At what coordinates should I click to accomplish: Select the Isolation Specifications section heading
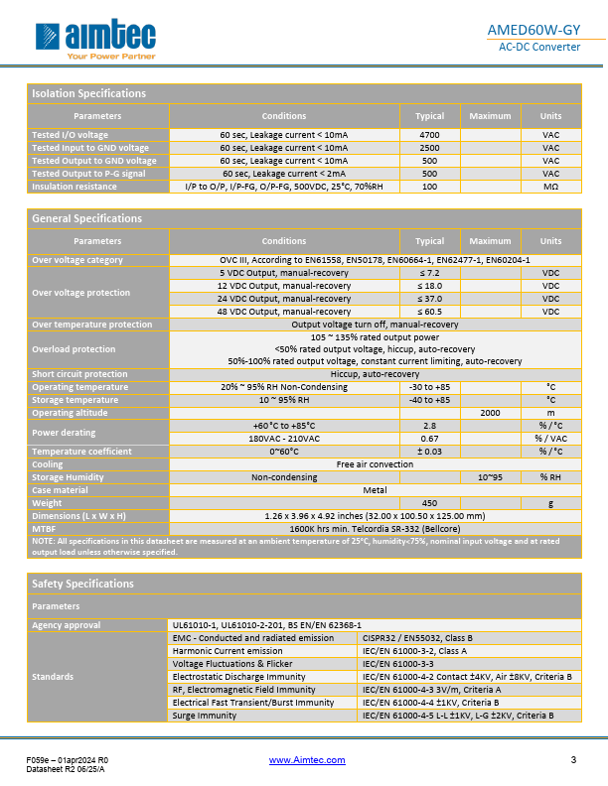88,93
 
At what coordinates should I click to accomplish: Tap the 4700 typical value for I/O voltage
429,135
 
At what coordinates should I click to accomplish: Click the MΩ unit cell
550,187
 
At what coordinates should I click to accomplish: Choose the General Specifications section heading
86,218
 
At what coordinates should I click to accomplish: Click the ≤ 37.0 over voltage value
429,299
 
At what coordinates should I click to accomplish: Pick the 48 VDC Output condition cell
284,312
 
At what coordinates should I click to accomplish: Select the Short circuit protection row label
79,374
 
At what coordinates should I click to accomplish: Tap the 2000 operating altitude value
490,413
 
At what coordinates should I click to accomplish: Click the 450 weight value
429,503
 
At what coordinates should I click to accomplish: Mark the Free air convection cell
375,464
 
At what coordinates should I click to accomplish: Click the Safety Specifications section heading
82,584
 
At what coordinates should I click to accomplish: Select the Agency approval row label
67,625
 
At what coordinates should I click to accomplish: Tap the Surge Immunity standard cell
206,716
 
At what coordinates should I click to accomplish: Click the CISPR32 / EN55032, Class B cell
416,638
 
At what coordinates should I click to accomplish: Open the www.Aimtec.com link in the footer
307,760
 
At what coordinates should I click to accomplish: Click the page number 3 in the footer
573,760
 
